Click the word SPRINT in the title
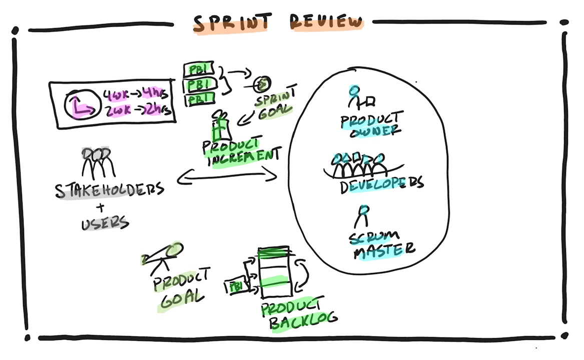coord(232,22)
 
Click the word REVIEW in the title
coord(326,22)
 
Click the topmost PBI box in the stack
coord(199,68)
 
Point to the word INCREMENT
coord(243,156)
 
